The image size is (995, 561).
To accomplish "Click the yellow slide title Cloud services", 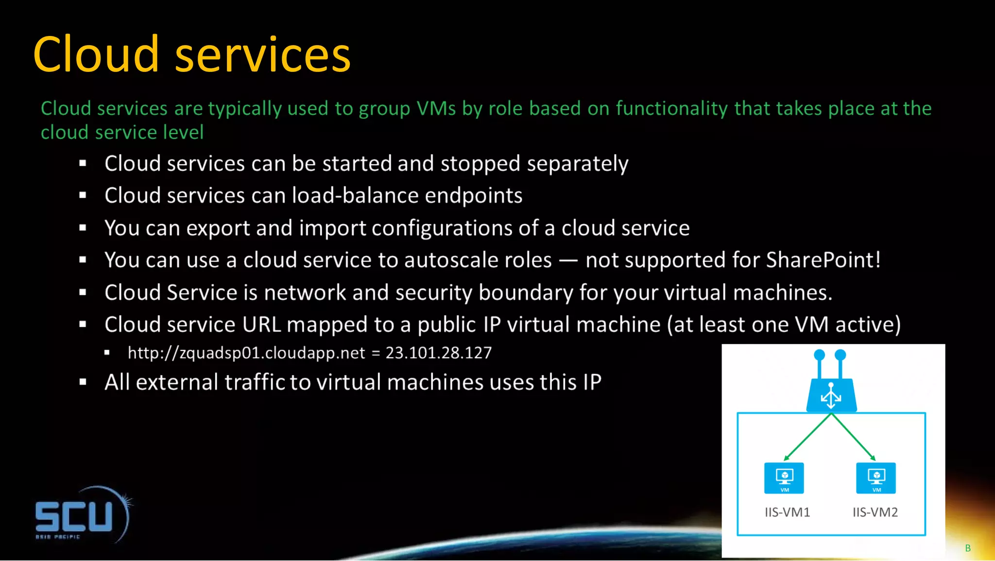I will [191, 54].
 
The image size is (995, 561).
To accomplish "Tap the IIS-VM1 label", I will [787, 512].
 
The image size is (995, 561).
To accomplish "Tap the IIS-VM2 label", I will [875, 512].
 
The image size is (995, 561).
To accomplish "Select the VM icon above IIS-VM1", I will [784, 478].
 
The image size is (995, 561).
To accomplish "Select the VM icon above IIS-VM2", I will [875, 478].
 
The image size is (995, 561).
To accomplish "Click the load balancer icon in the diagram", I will [831, 389].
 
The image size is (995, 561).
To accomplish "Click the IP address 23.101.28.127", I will [438, 352].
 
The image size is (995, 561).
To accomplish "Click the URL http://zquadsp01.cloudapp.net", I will [246, 352].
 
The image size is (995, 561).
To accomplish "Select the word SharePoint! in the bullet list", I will [823, 260].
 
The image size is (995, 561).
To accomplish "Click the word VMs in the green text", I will [436, 108].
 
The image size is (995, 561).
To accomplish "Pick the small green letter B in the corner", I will [968, 548].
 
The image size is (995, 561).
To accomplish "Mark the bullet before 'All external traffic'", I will [83, 382].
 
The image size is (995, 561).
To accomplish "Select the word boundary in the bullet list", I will [526, 293].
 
